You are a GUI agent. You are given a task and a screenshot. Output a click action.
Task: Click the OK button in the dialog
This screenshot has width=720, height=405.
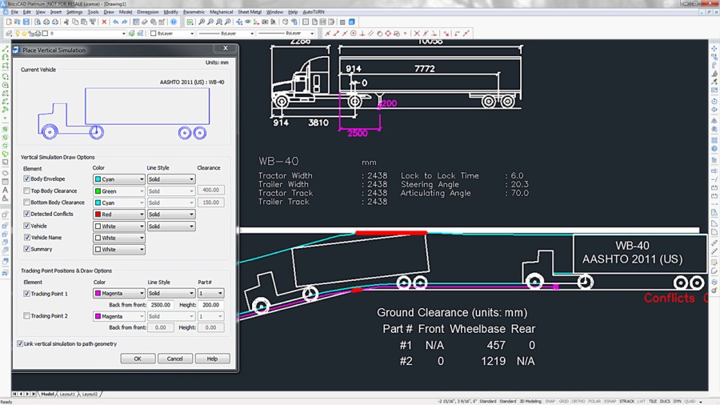pyautogui.click(x=138, y=359)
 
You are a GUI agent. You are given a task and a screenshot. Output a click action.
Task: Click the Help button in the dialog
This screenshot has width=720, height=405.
pyautogui.click(x=212, y=359)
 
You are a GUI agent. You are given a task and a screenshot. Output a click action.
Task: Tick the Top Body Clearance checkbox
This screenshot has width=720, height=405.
pyautogui.click(x=26, y=191)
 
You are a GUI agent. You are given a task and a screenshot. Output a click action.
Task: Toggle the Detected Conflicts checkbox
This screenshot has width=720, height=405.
pyautogui.click(x=26, y=215)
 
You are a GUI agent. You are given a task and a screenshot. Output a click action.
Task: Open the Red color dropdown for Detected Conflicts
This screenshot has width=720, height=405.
pyautogui.click(x=119, y=215)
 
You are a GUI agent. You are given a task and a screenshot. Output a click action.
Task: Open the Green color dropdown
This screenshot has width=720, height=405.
pyautogui.click(x=119, y=191)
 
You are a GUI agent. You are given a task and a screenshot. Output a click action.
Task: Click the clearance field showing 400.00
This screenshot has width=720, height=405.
pyautogui.click(x=210, y=191)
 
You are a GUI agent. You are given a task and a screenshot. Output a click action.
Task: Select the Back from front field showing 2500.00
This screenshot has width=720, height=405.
pyautogui.click(x=160, y=305)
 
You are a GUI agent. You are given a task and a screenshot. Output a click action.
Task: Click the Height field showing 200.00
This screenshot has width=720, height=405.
pyautogui.click(x=210, y=305)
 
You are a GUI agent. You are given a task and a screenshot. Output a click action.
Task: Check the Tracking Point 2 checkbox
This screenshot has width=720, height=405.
pyautogui.click(x=26, y=316)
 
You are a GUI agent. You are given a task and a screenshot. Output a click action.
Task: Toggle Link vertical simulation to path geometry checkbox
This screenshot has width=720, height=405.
pyautogui.click(x=20, y=344)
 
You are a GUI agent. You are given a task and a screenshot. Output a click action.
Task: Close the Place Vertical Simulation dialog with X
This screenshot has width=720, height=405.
pyautogui.click(x=226, y=50)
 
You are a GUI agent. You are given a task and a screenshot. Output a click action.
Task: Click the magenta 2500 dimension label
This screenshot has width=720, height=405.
pyautogui.click(x=358, y=133)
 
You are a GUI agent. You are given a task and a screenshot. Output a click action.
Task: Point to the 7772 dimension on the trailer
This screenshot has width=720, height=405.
pyautogui.click(x=424, y=70)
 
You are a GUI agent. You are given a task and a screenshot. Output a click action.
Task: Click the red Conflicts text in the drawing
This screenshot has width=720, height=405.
pyautogui.click(x=670, y=299)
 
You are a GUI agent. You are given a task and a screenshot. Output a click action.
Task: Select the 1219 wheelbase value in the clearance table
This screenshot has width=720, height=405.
pyautogui.click(x=493, y=362)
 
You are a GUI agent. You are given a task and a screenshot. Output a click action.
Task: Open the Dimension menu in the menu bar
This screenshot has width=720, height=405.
pyautogui.click(x=147, y=12)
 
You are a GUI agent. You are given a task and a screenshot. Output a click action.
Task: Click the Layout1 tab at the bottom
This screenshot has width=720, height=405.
pyautogui.click(x=67, y=394)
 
